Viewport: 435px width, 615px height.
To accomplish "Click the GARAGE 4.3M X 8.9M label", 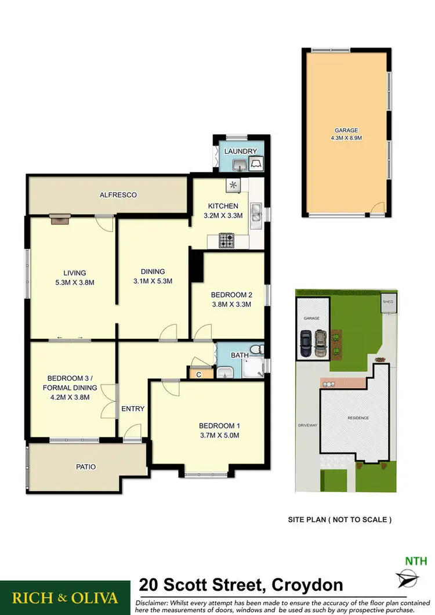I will [x=345, y=135].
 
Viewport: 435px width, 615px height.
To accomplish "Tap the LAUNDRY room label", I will [x=240, y=151].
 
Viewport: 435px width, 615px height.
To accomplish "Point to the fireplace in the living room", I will [x=60, y=218].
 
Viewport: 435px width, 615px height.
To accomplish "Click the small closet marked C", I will [x=198, y=374].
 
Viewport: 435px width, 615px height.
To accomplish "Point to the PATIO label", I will [x=85, y=466].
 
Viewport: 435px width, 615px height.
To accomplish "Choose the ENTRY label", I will [x=133, y=408].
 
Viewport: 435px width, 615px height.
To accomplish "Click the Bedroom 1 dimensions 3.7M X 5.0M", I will [x=219, y=435].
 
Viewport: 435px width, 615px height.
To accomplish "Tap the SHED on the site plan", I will [x=387, y=302].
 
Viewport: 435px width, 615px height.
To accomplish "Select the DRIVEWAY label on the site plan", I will [x=307, y=425].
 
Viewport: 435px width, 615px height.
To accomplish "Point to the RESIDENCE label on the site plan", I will [x=358, y=418].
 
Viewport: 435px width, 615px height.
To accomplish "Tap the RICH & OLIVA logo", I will [x=64, y=598].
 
